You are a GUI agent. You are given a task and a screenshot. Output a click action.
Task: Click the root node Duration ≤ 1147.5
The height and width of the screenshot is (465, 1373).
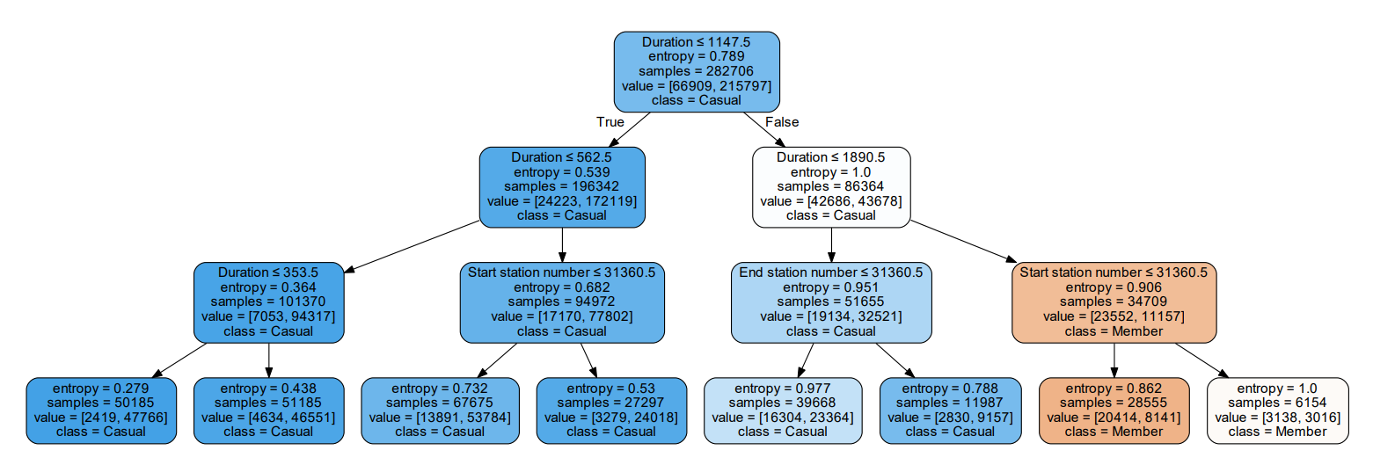[697, 70]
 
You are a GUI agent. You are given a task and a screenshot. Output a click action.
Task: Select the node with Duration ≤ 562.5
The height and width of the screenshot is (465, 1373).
[562, 186]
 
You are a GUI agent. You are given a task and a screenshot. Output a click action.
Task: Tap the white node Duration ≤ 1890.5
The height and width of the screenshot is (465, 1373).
[830, 186]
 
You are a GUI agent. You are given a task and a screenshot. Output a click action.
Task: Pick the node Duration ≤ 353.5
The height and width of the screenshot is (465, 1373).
[268, 302]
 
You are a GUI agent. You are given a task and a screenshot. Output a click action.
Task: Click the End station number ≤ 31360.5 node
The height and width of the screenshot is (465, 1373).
[830, 302]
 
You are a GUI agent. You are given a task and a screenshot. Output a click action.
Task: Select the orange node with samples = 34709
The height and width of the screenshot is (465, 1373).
[1114, 302]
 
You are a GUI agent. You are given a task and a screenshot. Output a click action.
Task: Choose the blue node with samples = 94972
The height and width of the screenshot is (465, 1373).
[562, 302]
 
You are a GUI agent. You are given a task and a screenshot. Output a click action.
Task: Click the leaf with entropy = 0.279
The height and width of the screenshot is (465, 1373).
[101, 411]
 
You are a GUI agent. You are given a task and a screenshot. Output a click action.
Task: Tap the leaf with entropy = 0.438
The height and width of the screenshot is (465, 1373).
[268, 411]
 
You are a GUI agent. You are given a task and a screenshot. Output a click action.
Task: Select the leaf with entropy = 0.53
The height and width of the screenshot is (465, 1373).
[610, 411]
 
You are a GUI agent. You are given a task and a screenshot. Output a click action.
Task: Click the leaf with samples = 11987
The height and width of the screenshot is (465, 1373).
[950, 411]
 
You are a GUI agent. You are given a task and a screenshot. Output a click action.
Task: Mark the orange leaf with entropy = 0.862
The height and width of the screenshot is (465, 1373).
[1114, 411]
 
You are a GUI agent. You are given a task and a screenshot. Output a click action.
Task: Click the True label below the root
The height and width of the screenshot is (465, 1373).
[610, 122]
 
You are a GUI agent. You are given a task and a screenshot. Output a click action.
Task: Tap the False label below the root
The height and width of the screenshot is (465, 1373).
[782, 122]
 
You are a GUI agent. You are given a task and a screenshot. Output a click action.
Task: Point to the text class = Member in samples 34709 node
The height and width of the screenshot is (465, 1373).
[1114, 331]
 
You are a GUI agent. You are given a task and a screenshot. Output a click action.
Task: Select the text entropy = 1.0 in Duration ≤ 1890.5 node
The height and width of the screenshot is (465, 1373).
[830, 172]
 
